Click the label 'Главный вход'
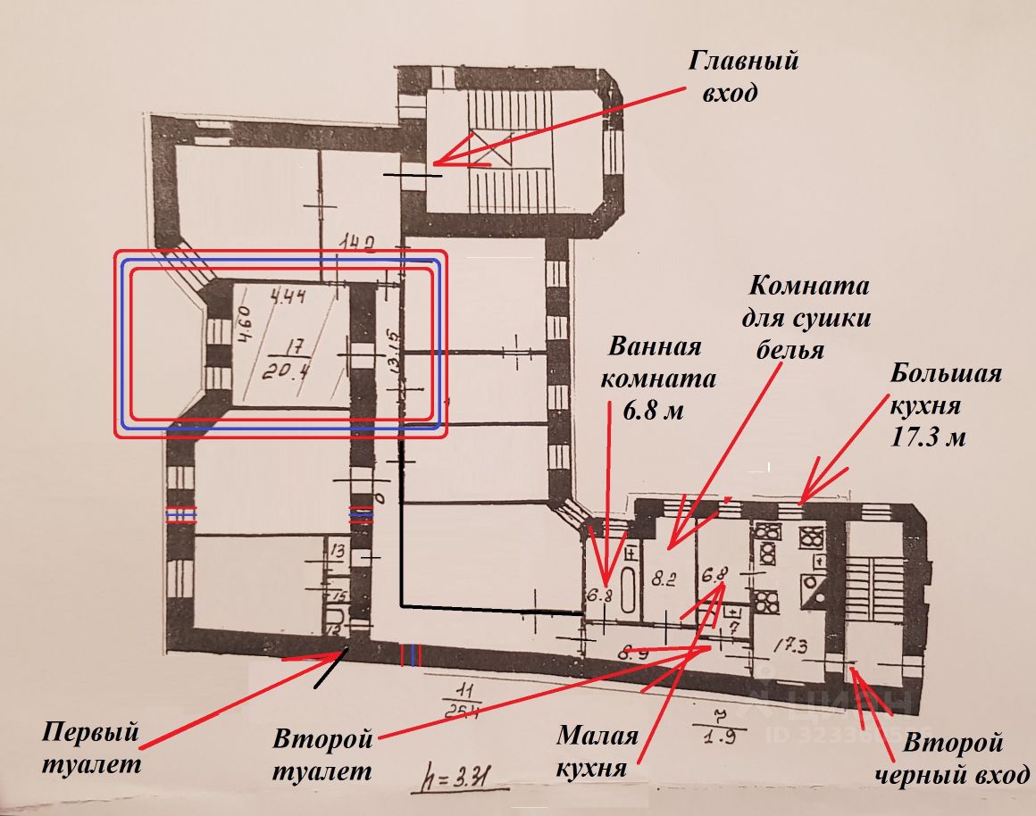(742, 77)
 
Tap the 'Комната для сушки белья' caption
(809, 317)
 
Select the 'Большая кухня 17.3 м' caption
(943, 404)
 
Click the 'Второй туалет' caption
(322, 753)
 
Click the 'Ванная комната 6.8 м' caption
(657, 377)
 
